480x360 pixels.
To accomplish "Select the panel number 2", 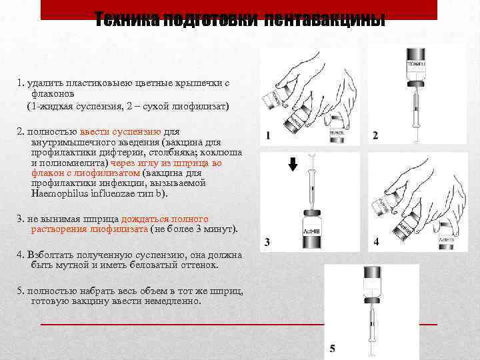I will tap(375, 136).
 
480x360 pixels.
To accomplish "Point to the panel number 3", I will tap(267, 242).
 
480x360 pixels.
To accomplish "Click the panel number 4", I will tap(377, 242).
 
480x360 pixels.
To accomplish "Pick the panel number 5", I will tap(333, 349).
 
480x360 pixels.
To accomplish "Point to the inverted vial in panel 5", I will tap(371, 280).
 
